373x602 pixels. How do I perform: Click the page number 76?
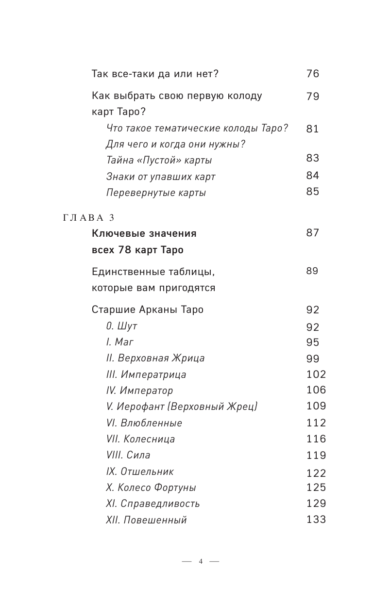tap(312, 74)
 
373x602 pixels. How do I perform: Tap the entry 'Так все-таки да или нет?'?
tap(155, 74)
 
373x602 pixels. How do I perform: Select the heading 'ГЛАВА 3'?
tap(88, 218)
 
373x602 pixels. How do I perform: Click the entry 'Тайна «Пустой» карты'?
tap(159, 160)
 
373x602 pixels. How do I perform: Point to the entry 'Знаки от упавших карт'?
tap(160, 177)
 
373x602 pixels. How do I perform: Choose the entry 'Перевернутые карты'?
tap(156, 193)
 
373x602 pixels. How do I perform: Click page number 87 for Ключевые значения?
tap(312, 233)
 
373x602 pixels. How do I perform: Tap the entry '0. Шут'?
tap(121, 326)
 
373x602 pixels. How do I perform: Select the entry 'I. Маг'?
tap(119, 342)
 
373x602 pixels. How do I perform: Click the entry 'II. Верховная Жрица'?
tap(155, 358)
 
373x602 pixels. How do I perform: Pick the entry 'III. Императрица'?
tap(146, 374)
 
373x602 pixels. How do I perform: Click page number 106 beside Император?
tap(316, 390)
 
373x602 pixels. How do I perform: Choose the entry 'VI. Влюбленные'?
tap(144, 423)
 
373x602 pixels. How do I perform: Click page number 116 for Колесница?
tap(316, 439)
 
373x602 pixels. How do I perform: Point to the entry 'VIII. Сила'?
tap(128, 455)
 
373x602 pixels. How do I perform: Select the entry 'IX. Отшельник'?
tap(139, 472)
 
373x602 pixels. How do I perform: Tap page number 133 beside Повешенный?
tap(316, 520)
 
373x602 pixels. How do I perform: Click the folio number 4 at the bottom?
tap(200, 562)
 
